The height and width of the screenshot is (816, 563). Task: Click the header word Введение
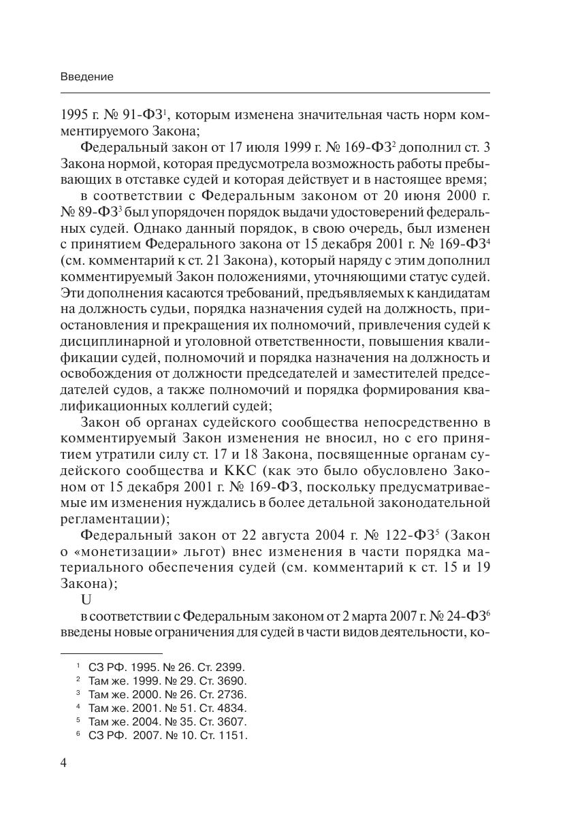(x=86, y=77)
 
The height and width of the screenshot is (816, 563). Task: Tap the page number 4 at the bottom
(x=64, y=762)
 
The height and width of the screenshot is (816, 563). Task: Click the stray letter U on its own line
(x=86, y=601)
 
